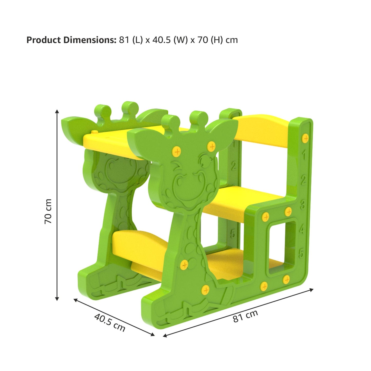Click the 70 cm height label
(x=48, y=211)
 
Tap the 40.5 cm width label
(x=110, y=322)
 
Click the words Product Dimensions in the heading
(x=71, y=40)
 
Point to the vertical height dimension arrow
(x=57, y=205)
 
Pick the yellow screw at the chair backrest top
(x=305, y=138)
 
